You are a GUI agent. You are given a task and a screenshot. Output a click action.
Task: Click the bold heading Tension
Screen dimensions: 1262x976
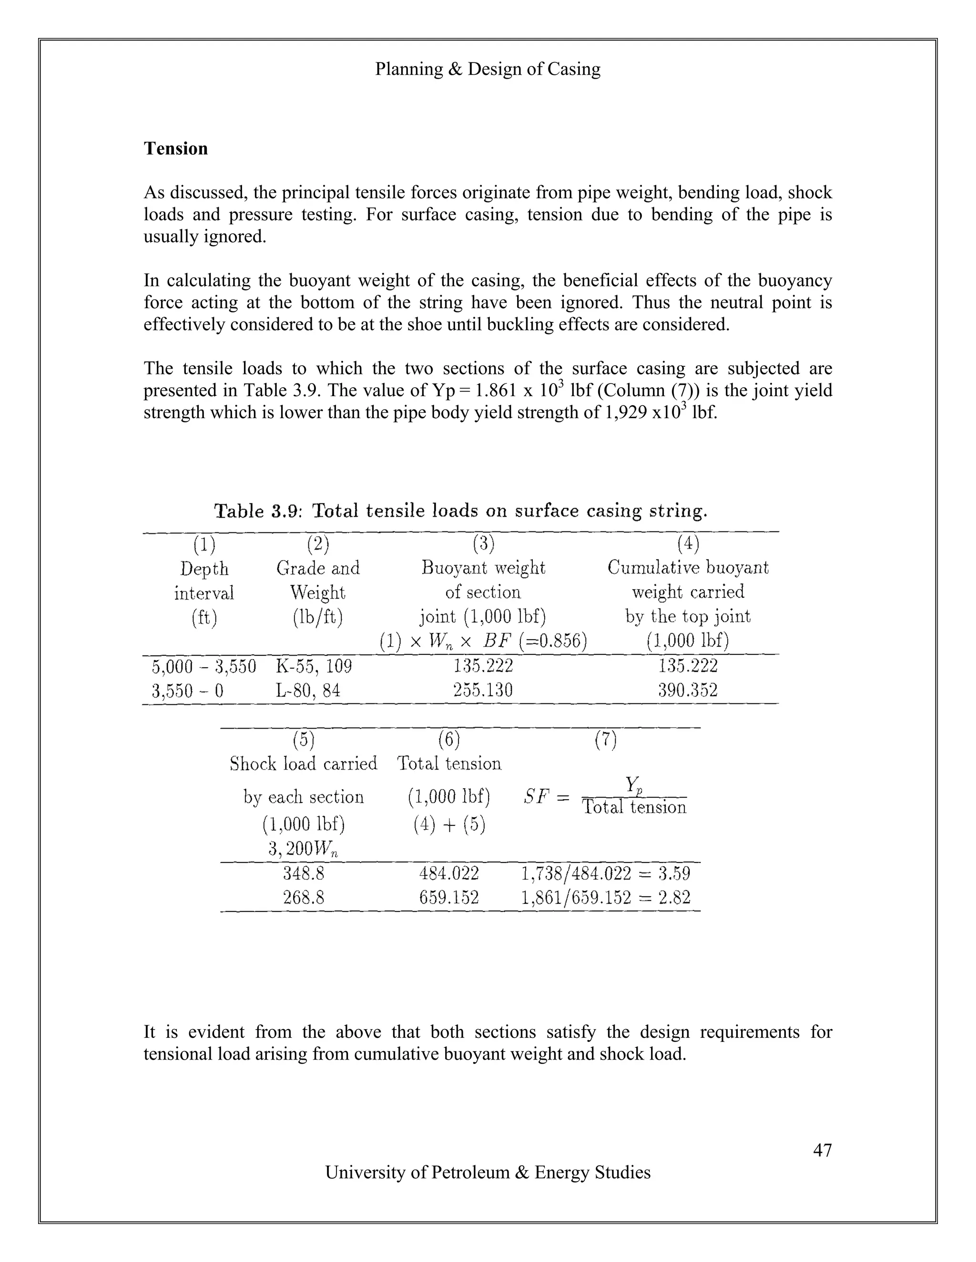point(175,149)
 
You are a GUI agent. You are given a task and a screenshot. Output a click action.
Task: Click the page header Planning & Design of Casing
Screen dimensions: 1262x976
point(488,69)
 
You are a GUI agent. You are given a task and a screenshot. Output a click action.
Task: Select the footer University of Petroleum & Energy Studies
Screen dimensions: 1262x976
point(488,1172)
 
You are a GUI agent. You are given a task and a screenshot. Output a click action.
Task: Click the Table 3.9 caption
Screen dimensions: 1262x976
point(461,511)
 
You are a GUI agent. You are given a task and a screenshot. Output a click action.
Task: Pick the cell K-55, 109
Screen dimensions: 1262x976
point(314,666)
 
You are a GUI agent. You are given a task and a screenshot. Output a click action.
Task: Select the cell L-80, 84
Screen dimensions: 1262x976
point(308,691)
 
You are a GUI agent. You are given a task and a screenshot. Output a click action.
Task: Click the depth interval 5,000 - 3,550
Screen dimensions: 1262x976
point(203,666)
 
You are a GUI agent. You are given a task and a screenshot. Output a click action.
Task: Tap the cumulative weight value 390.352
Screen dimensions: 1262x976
point(688,691)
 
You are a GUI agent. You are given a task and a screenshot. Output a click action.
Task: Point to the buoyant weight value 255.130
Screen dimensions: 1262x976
point(483,691)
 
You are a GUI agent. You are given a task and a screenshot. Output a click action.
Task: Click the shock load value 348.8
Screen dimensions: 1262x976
point(304,873)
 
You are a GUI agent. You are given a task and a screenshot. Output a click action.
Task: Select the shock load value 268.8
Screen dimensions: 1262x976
point(304,897)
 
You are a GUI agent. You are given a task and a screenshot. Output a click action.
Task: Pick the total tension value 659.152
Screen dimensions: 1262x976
point(448,897)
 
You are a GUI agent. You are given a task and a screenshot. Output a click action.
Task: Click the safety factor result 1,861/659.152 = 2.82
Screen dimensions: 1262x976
point(605,897)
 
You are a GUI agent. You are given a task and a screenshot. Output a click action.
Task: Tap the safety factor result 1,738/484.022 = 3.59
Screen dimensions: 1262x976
point(605,873)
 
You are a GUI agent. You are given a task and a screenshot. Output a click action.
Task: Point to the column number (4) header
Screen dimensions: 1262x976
point(688,544)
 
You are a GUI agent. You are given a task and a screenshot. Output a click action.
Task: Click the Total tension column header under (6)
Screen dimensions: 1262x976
point(448,764)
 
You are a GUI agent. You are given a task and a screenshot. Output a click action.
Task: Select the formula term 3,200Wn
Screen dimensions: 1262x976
point(303,849)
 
